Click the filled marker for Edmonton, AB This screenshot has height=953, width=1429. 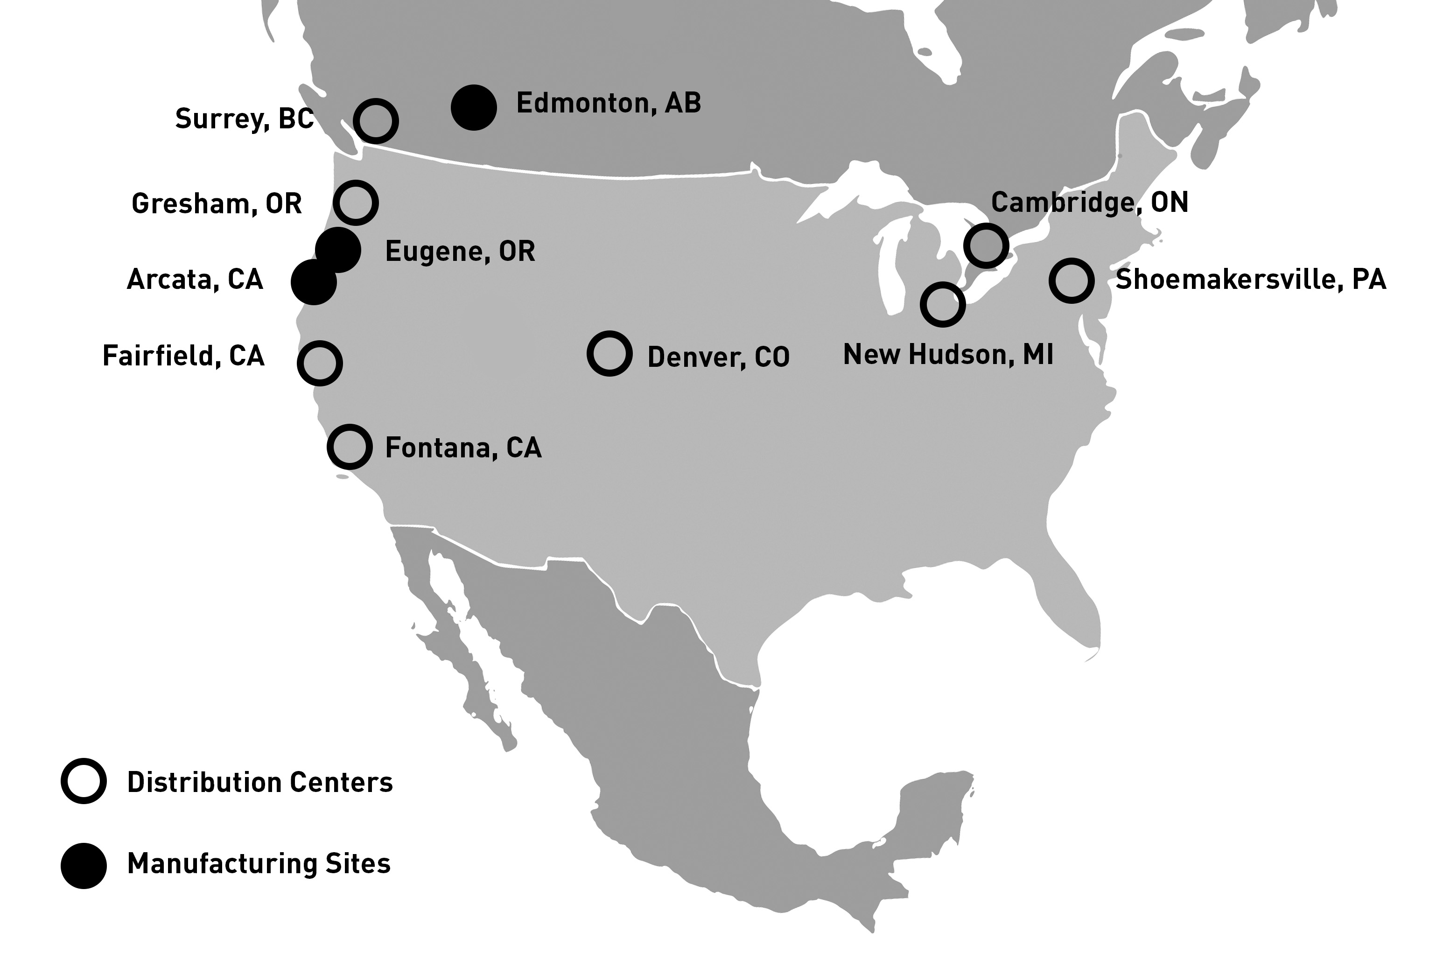coord(474,108)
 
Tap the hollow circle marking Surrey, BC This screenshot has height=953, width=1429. coord(376,121)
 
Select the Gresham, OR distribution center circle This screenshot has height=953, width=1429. coord(356,203)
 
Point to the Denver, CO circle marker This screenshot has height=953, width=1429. coord(609,354)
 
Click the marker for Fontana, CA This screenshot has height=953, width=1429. coord(350,447)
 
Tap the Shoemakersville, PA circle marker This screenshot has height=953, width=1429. coord(1071,281)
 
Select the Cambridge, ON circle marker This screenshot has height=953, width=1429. coord(986,245)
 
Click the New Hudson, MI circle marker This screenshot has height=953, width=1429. coord(942,304)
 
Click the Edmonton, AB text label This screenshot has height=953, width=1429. coord(609,103)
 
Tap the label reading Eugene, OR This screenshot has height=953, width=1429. coord(460,252)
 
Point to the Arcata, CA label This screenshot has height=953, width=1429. coord(195,280)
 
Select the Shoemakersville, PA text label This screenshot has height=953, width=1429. coord(1251,280)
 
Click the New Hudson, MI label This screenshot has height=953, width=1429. coord(948,355)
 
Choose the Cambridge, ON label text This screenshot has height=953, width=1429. coord(1089,203)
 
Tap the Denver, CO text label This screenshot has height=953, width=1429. coord(718,357)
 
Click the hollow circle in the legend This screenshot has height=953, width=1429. coord(84,781)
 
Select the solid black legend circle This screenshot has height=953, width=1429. coord(84,865)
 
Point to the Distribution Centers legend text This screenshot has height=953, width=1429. coord(260,782)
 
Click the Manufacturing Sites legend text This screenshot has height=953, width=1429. coord(259,864)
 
